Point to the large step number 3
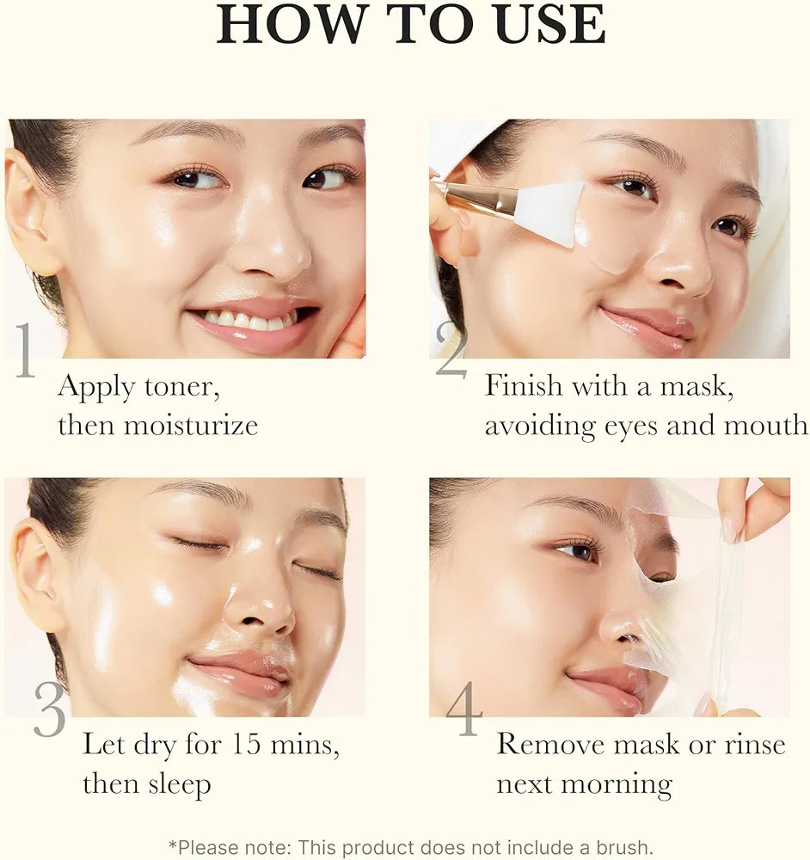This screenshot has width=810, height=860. point(50,709)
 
